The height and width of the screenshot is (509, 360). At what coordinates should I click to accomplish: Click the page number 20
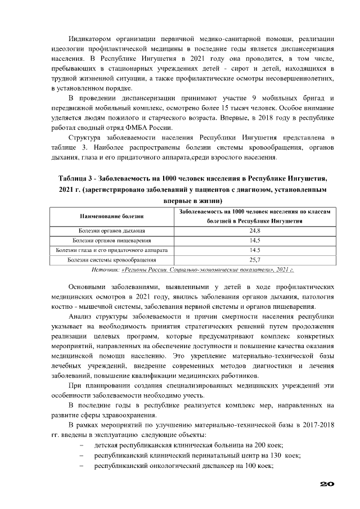(x=327, y=484)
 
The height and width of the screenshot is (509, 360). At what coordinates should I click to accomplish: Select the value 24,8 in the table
(x=254, y=231)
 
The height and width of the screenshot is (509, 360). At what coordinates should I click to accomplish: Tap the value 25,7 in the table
(x=254, y=260)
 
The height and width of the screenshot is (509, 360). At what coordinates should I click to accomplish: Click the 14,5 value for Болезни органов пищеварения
(x=254, y=241)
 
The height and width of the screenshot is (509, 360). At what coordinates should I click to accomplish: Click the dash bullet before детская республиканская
(x=82, y=445)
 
